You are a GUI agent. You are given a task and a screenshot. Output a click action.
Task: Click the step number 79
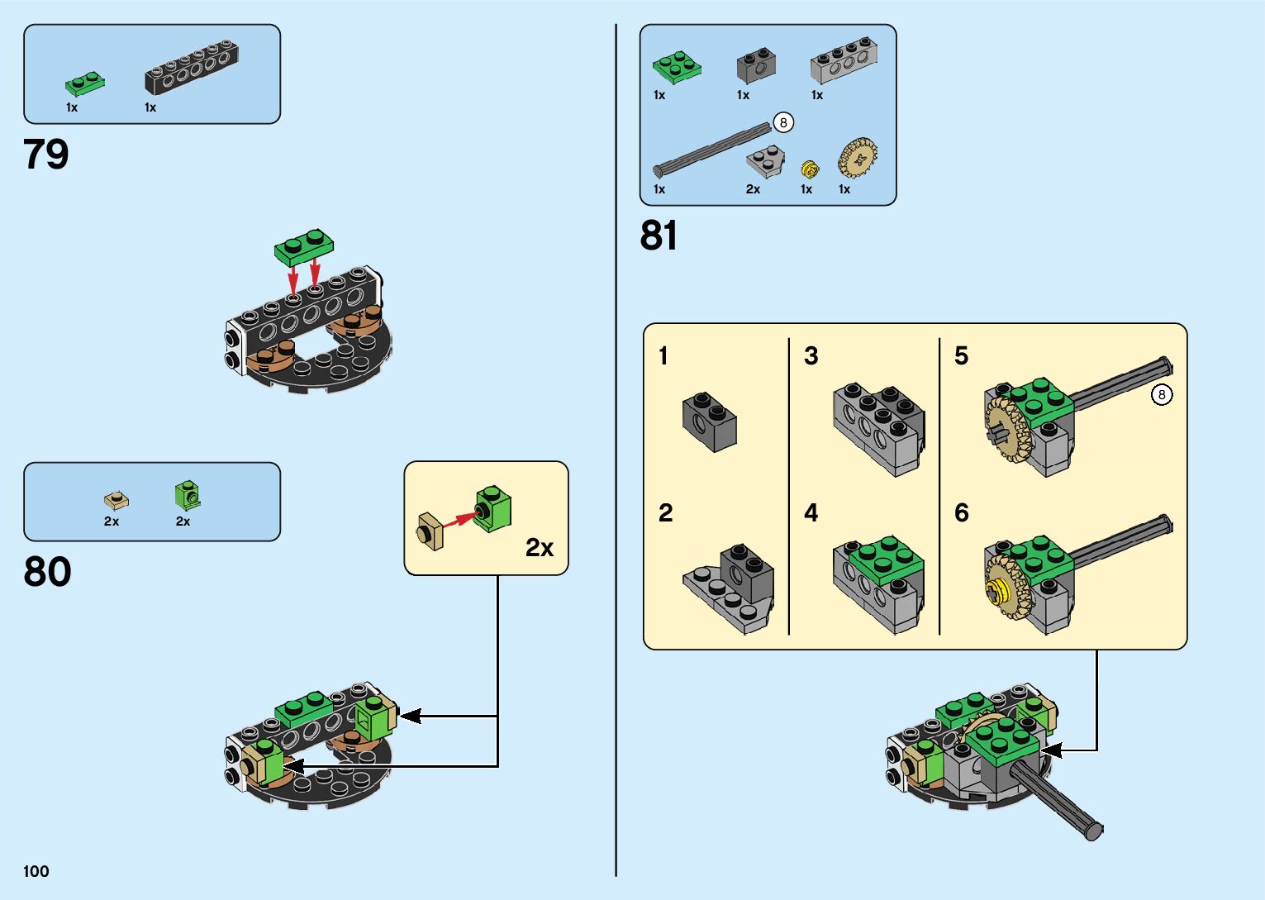point(46,155)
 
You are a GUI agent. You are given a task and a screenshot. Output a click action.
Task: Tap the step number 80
point(47,572)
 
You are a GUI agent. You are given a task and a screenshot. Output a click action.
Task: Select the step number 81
point(659,236)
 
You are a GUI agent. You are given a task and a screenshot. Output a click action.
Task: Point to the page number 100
point(36,871)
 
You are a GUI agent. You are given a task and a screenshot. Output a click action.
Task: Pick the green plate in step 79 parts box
point(85,83)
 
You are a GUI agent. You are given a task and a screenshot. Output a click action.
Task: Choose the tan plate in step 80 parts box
point(117,499)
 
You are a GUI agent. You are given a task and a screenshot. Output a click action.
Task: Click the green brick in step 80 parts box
point(188,494)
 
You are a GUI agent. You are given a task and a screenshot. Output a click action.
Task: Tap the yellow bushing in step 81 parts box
point(810,169)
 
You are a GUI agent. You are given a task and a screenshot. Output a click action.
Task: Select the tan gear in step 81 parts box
point(858,158)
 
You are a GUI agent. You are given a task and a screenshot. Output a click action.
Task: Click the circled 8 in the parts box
point(782,123)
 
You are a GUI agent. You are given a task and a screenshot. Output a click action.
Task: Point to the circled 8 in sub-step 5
point(1162,395)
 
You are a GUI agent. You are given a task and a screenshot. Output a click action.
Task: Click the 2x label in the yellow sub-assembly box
point(540,548)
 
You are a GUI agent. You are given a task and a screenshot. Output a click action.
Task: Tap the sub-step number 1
point(663,356)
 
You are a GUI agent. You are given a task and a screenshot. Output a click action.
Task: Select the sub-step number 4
point(811,513)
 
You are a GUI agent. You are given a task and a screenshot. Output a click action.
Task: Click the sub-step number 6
point(961,513)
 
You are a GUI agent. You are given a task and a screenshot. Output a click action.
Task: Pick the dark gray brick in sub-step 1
point(709,421)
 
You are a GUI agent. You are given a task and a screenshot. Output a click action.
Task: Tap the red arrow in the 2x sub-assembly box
point(459,520)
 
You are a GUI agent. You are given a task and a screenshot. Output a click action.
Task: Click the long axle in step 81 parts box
point(711,150)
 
